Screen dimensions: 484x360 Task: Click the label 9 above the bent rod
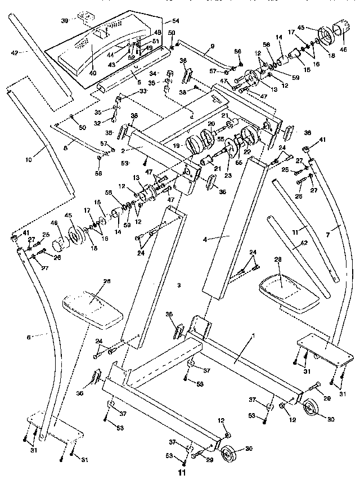[x=212, y=46]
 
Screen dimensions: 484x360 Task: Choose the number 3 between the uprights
[x=178, y=286]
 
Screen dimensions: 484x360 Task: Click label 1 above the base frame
[x=253, y=335]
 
